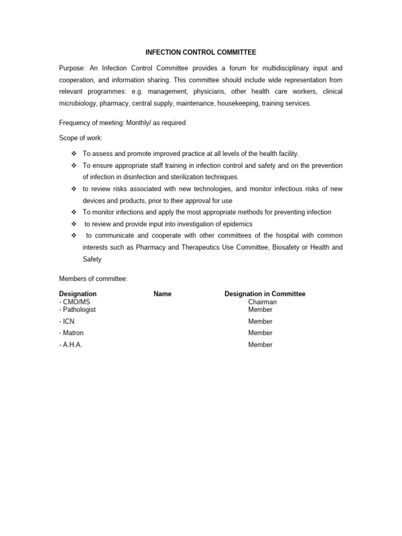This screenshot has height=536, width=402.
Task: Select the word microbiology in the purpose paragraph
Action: (x=77, y=103)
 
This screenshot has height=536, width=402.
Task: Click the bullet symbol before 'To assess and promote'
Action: (x=73, y=153)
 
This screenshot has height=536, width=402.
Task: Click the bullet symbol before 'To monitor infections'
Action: (x=73, y=212)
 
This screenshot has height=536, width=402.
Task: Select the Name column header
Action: (x=163, y=294)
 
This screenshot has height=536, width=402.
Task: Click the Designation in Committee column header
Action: (x=265, y=294)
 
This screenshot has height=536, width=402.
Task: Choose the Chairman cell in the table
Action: (x=262, y=302)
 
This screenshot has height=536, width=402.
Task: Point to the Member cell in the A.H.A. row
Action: (x=260, y=345)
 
